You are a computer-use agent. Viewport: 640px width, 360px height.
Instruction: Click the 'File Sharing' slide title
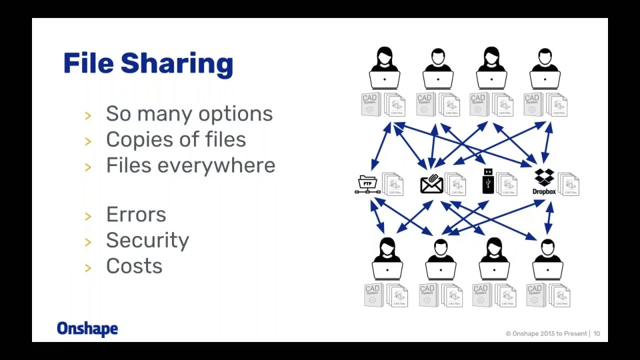(148, 64)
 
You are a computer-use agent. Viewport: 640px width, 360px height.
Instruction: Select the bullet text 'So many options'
(189, 114)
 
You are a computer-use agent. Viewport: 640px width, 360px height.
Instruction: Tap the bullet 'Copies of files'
(176, 140)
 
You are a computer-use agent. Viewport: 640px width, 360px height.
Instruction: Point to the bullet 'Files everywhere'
(191, 165)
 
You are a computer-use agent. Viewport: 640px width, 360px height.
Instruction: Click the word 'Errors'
(136, 215)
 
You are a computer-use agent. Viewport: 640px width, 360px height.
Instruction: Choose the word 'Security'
(147, 241)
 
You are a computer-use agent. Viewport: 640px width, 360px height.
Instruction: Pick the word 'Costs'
(134, 266)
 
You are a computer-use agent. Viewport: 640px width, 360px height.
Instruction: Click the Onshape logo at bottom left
(87, 329)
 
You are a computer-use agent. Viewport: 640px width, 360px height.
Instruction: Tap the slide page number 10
(597, 333)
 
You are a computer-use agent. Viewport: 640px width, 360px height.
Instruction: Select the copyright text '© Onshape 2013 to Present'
(546, 333)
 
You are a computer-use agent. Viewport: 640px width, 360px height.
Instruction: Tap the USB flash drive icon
(488, 181)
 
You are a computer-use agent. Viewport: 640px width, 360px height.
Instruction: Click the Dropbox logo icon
(544, 177)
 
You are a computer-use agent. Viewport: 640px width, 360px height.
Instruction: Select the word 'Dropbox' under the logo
(544, 192)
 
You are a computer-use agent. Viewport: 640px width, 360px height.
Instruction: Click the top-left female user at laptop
(385, 67)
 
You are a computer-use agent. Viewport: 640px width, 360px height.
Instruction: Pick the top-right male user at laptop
(545, 67)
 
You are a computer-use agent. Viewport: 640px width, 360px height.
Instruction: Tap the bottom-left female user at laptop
(387, 258)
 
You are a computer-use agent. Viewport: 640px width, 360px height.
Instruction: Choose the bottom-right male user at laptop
(547, 258)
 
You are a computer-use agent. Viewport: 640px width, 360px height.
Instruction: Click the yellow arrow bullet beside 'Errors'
(88, 216)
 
